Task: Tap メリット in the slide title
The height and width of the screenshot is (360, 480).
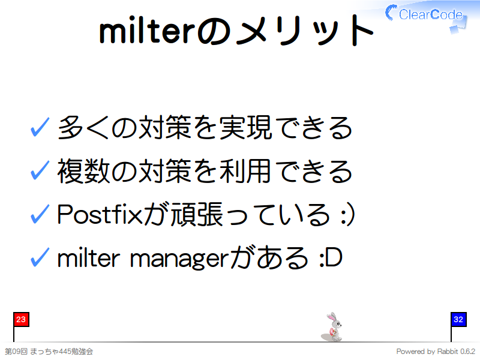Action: [305, 31]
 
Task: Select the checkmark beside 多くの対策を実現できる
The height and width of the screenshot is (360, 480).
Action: [40, 127]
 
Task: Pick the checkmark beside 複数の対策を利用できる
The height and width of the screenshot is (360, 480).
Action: [40, 170]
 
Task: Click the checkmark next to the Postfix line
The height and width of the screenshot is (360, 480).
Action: [40, 214]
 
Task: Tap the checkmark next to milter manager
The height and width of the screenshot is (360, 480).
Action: [40, 257]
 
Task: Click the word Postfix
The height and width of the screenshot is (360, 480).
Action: [100, 214]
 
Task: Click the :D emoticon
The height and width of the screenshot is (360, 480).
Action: [331, 258]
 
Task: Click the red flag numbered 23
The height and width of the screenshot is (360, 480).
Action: [21, 320]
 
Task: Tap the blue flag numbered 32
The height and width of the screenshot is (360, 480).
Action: [458, 320]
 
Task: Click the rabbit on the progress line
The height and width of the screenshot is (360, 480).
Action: [332, 327]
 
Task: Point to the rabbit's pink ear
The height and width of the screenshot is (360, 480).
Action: [331, 317]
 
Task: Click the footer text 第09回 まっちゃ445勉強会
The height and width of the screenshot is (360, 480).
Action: [49, 352]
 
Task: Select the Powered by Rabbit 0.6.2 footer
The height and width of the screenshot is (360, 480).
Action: [436, 352]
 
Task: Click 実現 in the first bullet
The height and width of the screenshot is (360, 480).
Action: [245, 127]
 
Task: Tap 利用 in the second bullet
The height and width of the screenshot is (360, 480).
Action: [245, 171]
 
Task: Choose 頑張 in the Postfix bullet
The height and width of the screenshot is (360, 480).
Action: [197, 214]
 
